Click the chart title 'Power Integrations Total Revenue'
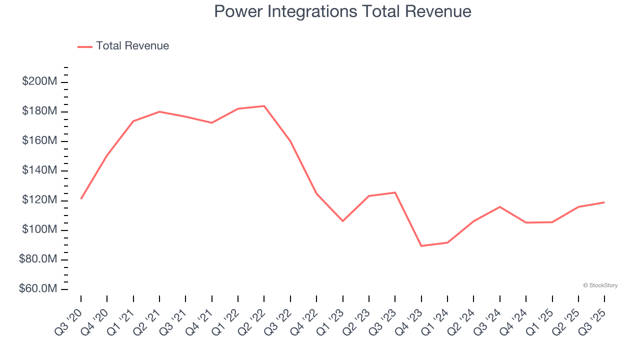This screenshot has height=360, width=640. (342, 11)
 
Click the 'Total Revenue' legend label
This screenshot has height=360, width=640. (132, 46)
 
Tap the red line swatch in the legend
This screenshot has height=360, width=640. (85, 46)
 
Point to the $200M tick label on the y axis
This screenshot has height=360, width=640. (39, 81)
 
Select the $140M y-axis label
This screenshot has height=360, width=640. (39, 170)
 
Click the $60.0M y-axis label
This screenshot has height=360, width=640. (38, 289)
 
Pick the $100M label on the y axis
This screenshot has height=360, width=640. (39, 230)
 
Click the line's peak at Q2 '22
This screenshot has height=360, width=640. (264, 106)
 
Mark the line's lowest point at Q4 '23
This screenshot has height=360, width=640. (421, 245)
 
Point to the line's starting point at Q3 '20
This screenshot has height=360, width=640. (81, 199)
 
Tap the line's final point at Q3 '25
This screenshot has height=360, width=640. (604, 202)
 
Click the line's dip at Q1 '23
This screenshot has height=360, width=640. (342, 220)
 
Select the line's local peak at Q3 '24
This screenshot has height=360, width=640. (499, 207)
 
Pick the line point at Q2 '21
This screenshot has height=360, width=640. (159, 111)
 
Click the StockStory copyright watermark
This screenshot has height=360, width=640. (600, 285)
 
